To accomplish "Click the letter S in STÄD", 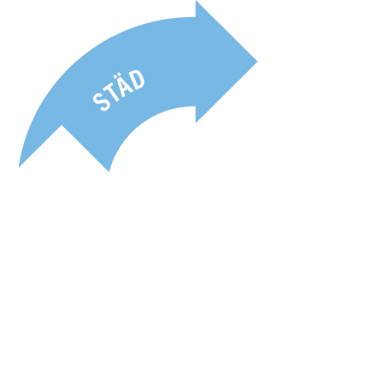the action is [102, 102].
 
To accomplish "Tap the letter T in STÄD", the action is [114, 93].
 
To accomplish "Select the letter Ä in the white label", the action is [126, 85].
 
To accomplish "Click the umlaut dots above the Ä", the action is [122, 79].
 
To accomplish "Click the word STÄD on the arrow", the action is [119, 91].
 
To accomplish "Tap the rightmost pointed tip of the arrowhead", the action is [257, 62].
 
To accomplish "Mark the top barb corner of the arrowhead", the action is [196, 1].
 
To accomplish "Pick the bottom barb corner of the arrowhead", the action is [196, 123].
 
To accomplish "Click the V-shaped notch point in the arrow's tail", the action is [62, 125].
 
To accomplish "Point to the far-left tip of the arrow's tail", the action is [19, 167].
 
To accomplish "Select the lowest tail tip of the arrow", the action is [109, 172].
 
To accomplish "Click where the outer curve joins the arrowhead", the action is [196, 17].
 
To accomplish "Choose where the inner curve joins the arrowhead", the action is [196, 106].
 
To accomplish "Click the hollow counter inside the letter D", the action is [138, 80].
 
